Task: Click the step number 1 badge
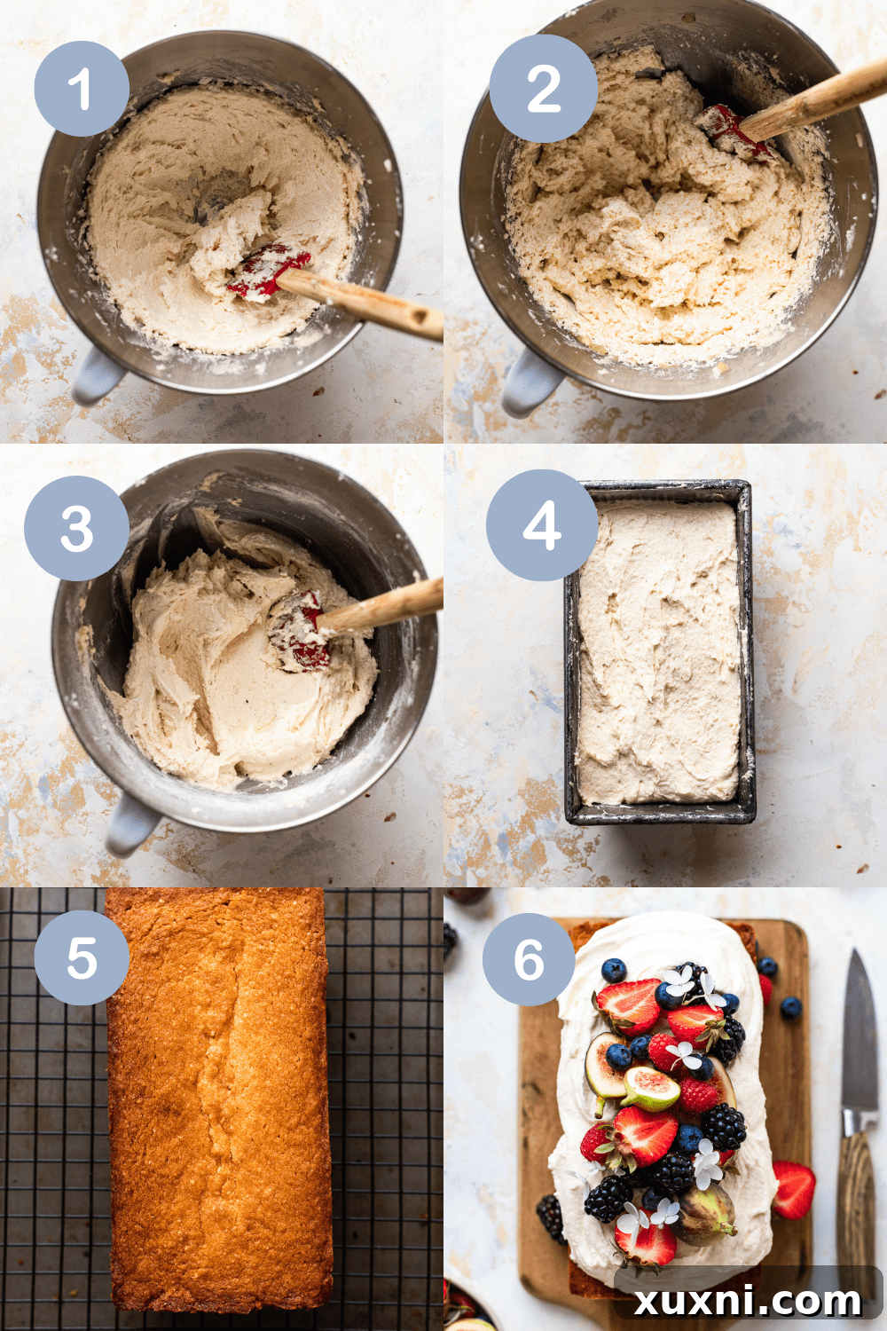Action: point(82,89)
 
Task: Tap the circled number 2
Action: point(543,89)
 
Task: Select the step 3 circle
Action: point(77,529)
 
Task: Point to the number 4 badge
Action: point(541,525)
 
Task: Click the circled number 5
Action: point(82,958)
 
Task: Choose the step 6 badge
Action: point(529,959)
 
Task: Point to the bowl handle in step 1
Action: point(96,376)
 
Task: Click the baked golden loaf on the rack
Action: point(219,1100)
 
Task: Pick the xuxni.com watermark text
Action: point(748,1301)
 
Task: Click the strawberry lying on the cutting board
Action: point(793,1189)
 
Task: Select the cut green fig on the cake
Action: point(651,1089)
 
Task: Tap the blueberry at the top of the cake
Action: point(613,969)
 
